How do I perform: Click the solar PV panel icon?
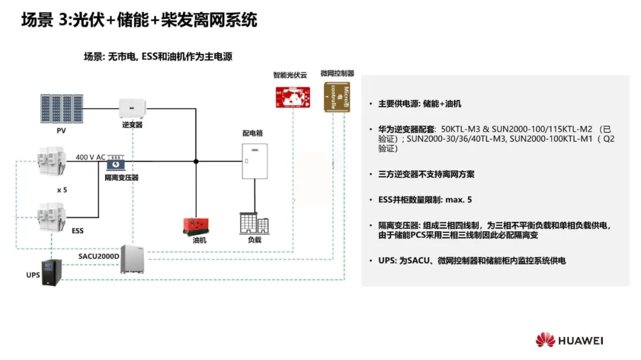pos(61,108)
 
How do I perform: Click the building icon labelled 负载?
pos(254,223)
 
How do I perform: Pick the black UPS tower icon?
pos(49,273)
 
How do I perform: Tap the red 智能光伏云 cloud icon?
pos(293,97)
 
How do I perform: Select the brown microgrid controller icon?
pos(337,97)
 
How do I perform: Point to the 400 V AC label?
pos(90,157)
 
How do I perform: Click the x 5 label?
pos(62,190)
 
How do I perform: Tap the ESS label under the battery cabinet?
pos(77,230)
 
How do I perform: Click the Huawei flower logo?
pos(545,340)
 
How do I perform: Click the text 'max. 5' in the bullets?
pos(459,200)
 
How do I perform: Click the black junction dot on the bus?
pos(196,161)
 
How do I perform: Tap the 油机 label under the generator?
pos(199,240)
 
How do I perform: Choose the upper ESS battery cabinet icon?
pos(51,162)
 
